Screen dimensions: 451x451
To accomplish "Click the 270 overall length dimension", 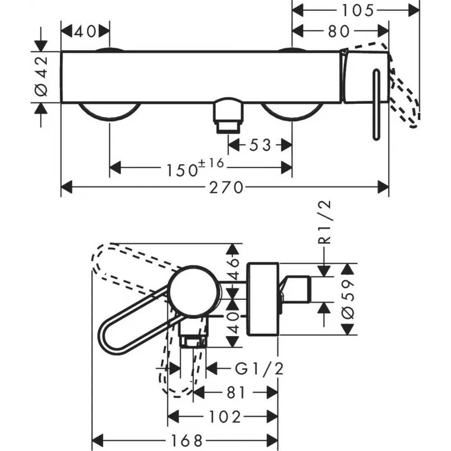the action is point(226,188).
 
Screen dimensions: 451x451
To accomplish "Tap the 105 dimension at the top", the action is point(358,11).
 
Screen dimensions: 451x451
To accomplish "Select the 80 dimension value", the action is point(339,32).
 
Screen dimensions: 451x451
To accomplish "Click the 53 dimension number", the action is point(260,145).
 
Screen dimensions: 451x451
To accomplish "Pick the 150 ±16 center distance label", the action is point(195,168).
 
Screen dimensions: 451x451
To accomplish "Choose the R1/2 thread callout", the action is point(325,222).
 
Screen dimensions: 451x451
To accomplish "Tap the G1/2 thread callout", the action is point(259,368).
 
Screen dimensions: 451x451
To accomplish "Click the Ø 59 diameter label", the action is point(349,299).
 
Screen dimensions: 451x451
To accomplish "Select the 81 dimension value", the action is point(236,393).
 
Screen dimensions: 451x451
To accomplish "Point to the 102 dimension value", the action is point(225,417).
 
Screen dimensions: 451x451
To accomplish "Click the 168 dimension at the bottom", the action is point(187,440).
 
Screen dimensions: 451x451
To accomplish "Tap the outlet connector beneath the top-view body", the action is point(228,115).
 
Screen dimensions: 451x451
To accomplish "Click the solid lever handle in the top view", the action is point(376,105).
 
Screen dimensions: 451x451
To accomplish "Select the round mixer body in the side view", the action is point(194,292).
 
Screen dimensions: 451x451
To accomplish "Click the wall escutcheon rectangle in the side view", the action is point(263,299).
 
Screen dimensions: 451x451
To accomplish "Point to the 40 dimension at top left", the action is point(85,32).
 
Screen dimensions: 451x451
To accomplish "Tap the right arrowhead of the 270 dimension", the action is point(383,188).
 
